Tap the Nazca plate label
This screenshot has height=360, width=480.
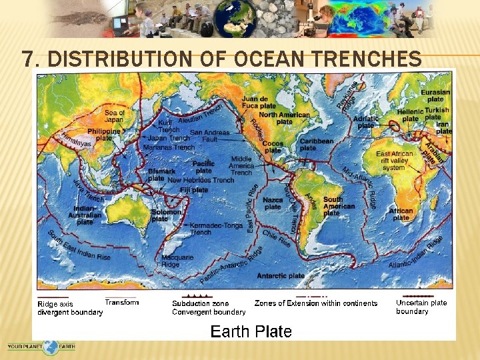coord(273,203)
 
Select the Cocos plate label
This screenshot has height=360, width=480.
coord(273,147)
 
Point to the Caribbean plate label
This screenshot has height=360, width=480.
coord(316,145)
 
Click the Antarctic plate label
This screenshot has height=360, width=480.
coord(281,275)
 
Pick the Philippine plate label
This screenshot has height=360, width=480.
coord(104,135)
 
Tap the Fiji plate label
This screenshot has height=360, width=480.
coord(195,190)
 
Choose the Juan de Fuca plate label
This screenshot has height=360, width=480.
coord(259,103)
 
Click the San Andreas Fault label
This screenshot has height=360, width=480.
coord(209,136)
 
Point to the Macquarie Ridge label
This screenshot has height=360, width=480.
coord(177,261)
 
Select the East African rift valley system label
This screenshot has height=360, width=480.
coord(395,161)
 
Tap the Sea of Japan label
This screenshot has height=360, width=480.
coord(114,116)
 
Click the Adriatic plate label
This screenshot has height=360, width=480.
coord(366,122)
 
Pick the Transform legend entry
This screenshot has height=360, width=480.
coord(122,303)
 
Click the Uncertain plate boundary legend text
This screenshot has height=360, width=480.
coord(421,307)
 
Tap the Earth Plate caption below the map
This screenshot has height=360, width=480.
coord(251,331)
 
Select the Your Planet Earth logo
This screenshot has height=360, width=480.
coord(41,347)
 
